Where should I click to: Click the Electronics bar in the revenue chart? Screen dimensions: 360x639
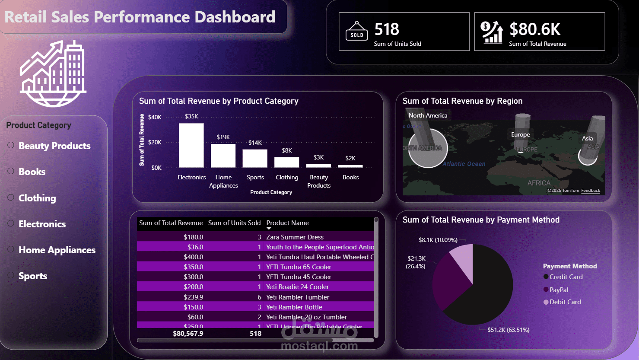click(191, 146)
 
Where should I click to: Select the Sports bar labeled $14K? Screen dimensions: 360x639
click(255, 158)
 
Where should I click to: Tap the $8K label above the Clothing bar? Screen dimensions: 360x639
click(287, 150)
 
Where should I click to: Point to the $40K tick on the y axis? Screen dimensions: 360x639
click(155, 117)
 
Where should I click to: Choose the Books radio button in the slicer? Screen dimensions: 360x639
click(11, 171)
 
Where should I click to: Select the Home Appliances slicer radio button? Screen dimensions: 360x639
click(11, 249)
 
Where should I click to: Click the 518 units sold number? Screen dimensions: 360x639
click(387, 29)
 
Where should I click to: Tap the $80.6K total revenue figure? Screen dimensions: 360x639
click(535, 29)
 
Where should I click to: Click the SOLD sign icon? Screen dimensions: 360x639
click(356, 32)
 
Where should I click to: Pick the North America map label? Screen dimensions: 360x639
click(428, 115)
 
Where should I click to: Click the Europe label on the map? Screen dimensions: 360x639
click(520, 134)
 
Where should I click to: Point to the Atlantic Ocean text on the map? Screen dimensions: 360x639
click(464, 164)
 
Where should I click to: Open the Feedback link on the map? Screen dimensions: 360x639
click(591, 191)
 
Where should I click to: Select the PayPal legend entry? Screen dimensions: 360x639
click(559, 290)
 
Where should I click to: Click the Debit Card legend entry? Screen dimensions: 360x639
click(565, 302)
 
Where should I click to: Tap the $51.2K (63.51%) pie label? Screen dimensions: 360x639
click(508, 330)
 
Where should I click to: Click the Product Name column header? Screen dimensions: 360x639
click(287, 223)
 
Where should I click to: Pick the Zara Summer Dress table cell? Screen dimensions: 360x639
click(295, 237)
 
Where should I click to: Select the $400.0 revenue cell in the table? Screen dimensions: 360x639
click(193, 257)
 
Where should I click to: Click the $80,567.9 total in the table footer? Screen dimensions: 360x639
click(188, 333)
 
